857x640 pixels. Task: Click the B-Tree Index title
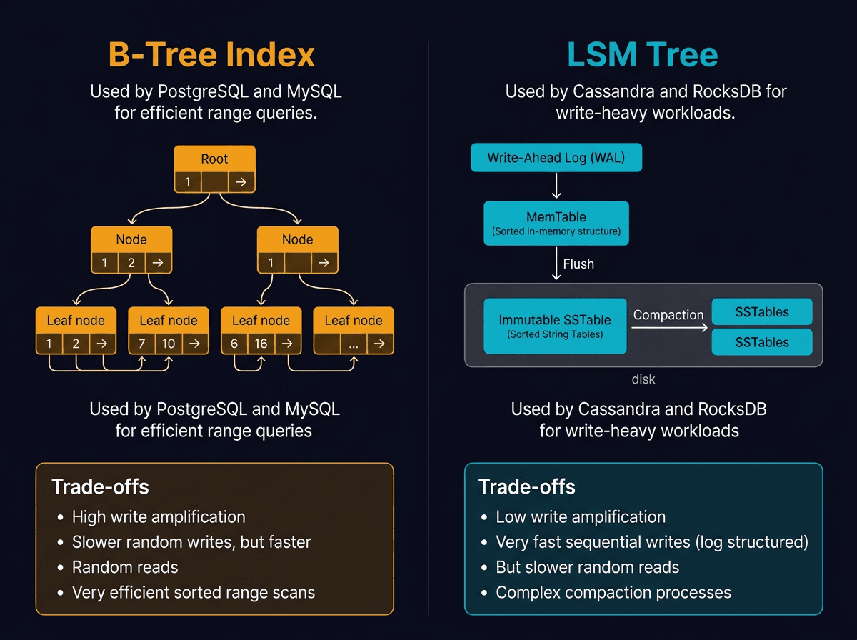(x=211, y=56)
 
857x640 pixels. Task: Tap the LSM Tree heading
(x=643, y=56)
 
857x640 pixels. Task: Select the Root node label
(x=214, y=159)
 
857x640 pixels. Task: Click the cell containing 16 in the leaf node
(x=261, y=344)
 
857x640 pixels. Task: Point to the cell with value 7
(x=141, y=344)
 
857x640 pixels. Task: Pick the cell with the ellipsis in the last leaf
(x=354, y=344)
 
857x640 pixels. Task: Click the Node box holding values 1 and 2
(x=131, y=249)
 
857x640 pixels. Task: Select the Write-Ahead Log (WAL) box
(x=556, y=158)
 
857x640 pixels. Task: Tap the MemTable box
(x=556, y=223)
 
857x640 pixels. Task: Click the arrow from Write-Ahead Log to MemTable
(x=556, y=186)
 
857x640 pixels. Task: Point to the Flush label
(x=578, y=264)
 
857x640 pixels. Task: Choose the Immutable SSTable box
(x=555, y=326)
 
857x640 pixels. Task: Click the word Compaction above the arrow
(x=668, y=315)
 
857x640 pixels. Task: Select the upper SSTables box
(x=762, y=312)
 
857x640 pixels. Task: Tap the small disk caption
(x=643, y=379)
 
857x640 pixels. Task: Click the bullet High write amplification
(x=159, y=516)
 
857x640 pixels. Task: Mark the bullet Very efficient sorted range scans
(x=194, y=592)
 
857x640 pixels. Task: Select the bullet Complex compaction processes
(x=613, y=592)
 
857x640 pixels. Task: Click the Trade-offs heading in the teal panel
(x=527, y=487)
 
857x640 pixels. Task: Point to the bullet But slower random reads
(x=587, y=567)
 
